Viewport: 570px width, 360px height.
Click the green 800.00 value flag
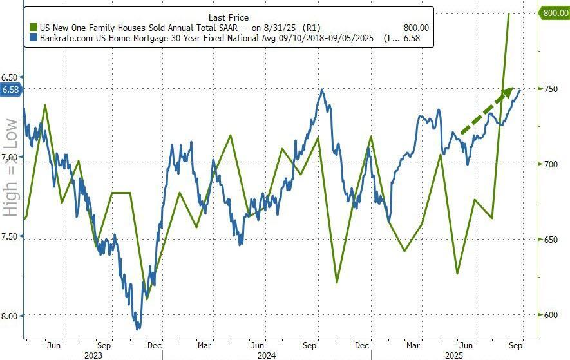coord(553,12)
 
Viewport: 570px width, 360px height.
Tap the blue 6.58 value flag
coord(12,89)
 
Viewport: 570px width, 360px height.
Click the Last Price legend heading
coord(229,17)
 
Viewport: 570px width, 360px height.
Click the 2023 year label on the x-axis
coord(93,354)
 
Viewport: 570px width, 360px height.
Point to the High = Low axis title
coord(11,167)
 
